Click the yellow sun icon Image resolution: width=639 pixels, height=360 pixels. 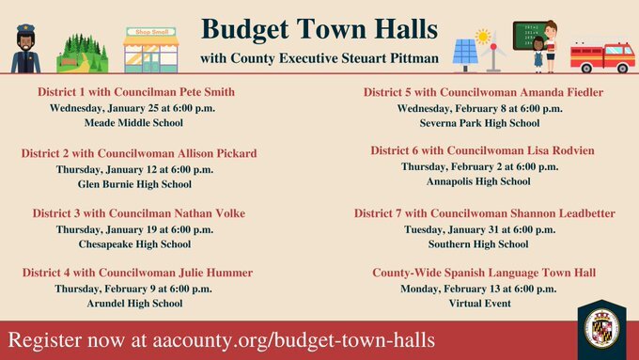click(485, 36)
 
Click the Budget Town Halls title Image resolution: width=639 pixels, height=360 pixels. click(319, 27)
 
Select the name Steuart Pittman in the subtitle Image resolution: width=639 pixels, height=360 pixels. click(381, 59)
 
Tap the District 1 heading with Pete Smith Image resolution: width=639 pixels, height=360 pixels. click(136, 92)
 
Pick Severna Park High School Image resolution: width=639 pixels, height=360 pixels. click(479, 122)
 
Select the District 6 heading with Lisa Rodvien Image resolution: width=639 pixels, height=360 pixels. click(482, 150)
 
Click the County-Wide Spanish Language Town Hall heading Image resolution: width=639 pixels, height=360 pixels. click(484, 273)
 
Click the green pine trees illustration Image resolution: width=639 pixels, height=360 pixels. click(83, 54)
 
